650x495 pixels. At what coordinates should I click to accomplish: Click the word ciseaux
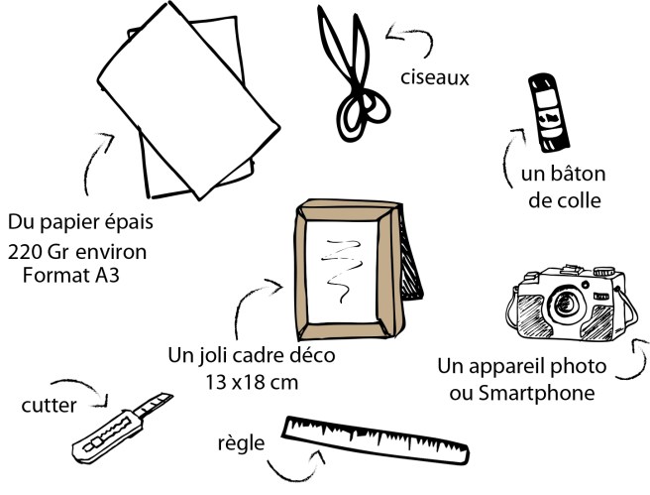(x=435, y=78)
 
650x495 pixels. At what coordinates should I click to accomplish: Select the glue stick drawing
(x=549, y=112)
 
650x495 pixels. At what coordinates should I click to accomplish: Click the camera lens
(x=565, y=304)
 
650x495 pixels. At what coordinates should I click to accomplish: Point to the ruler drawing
(x=376, y=440)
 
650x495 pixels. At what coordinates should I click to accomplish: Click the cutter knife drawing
(x=122, y=429)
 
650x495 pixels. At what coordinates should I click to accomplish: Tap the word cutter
(x=49, y=406)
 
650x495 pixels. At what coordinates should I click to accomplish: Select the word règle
(x=241, y=443)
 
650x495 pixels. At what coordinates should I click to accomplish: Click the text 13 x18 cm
(x=252, y=382)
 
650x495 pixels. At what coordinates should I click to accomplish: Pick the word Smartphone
(x=537, y=393)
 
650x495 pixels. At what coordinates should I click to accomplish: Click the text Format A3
(x=71, y=275)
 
